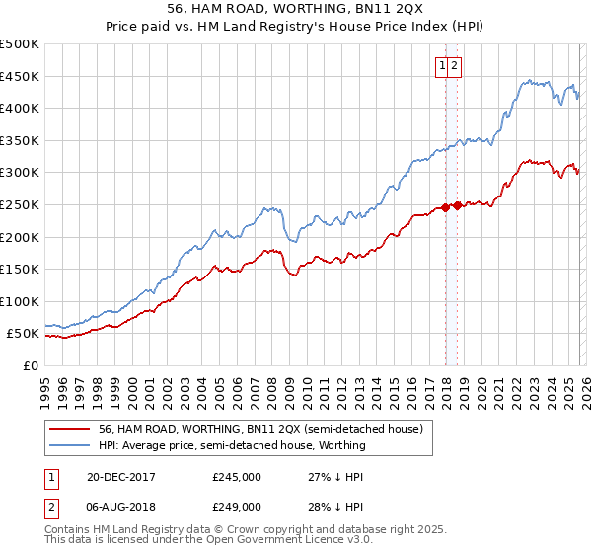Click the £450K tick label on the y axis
[x=20, y=76]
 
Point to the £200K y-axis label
[x=20, y=237]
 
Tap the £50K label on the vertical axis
[x=24, y=334]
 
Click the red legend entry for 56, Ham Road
[x=260, y=429]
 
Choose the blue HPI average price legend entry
[x=232, y=445]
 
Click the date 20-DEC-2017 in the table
[x=120, y=477]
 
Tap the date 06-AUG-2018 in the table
[x=120, y=506]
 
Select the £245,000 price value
[x=237, y=477]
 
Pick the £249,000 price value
[x=237, y=506]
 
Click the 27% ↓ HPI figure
[x=335, y=477]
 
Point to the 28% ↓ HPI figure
[x=335, y=506]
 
